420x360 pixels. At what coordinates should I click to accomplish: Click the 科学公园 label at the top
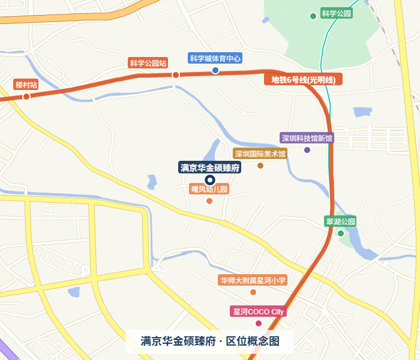pos(336,13)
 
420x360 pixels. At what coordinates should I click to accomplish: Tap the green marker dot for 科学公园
pos(313,16)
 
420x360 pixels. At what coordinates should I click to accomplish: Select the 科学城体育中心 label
pos(215,58)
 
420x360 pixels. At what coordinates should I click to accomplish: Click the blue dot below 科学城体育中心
pos(215,70)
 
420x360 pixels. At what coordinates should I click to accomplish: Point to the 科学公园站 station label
pos(148,62)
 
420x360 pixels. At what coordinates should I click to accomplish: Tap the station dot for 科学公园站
pos(176,75)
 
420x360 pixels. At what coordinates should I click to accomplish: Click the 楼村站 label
pos(26,85)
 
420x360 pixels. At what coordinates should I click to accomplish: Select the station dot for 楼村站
pos(26,97)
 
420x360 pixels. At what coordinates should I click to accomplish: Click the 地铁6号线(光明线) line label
pos(303,79)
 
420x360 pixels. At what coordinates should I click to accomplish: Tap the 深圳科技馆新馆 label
pos(307,138)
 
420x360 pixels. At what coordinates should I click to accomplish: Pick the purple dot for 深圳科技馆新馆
pos(307,150)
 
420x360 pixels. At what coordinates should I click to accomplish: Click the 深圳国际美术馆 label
pos(260,154)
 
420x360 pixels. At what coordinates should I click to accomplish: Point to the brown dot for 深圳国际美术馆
pos(260,166)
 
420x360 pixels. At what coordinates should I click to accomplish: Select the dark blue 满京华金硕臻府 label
pos(210,167)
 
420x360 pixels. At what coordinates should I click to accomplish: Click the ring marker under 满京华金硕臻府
pos(210,180)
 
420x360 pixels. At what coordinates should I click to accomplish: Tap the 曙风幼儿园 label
pos(209,189)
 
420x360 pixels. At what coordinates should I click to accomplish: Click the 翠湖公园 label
pos(340,221)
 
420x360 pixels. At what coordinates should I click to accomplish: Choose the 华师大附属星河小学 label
pos(253,280)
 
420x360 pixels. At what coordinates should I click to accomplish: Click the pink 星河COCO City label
pos(259,311)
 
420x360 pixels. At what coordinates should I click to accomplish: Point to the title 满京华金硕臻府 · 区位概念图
pos(210,341)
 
